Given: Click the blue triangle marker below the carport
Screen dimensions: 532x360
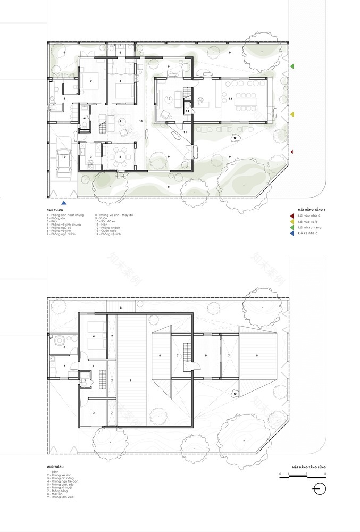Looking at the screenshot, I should pos(64,203).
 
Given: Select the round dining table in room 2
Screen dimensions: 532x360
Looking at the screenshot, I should pos(119,157).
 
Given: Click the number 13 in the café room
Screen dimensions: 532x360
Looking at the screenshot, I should pos(230,99).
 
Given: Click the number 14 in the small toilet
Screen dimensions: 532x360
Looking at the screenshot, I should pos(188,111).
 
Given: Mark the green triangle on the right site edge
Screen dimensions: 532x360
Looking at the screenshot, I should pos(292,66).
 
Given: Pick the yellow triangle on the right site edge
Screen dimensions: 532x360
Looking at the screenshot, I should pos(292,114).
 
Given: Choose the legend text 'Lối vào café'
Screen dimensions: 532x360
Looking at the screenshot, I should pos(309,221).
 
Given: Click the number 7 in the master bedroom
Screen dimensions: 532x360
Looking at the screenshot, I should pos(91,81).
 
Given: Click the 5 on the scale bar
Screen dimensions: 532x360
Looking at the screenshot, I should pos(324,473).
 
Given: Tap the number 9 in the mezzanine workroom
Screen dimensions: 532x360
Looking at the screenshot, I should pos(205,355).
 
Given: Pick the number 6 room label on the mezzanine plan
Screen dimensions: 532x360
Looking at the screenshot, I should pos(64,347).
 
